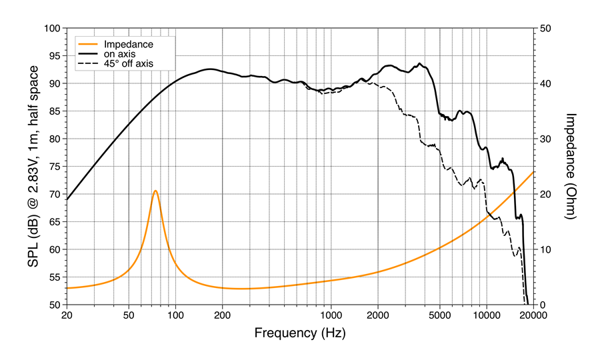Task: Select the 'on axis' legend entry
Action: [124, 53]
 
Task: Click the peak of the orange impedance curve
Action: [155, 191]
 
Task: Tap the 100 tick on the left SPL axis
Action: [52, 29]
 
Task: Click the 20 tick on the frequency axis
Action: [67, 316]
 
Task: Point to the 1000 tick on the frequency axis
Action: [331, 316]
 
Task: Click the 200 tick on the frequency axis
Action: [222, 316]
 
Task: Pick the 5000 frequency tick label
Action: [439, 316]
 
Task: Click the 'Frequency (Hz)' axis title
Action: [299, 332]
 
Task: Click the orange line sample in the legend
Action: [88, 44]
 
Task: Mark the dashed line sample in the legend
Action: [88, 63]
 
